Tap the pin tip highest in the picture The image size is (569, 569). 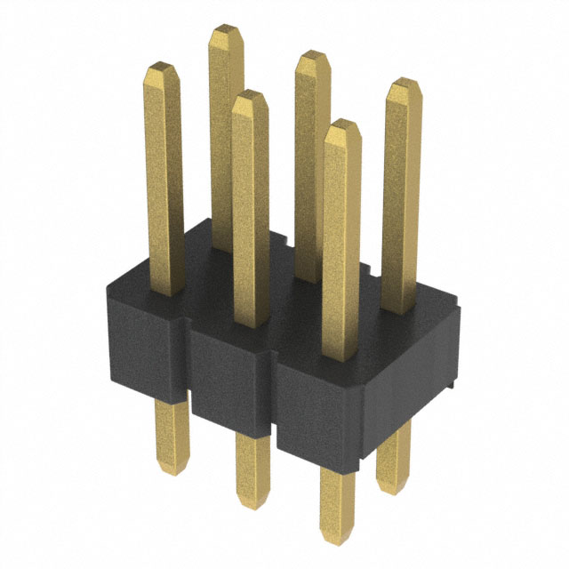pos(226,32)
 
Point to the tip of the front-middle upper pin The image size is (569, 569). pos(249,96)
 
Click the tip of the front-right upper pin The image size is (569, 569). pos(343,125)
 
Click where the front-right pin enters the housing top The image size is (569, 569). pos(341,358)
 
